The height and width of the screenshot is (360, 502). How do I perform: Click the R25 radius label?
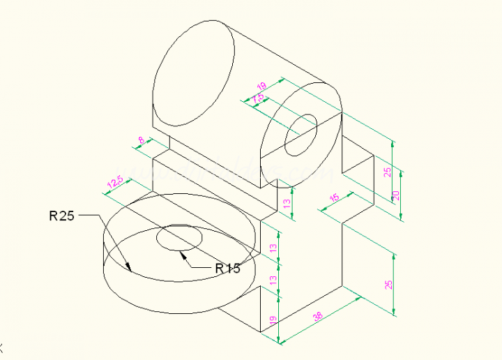(61, 216)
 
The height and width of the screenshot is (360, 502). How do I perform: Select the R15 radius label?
(227, 268)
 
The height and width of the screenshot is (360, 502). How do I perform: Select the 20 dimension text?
(396, 195)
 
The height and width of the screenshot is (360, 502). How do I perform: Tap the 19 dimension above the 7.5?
(261, 87)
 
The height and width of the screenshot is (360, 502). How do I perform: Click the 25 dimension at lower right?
(389, 284)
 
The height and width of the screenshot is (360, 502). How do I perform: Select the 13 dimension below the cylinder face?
(287, 202)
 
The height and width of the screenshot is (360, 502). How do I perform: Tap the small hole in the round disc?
(178, 237)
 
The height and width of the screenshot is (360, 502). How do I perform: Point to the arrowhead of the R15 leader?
(183, 255)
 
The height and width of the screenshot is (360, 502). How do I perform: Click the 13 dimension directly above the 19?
(273, 279)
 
